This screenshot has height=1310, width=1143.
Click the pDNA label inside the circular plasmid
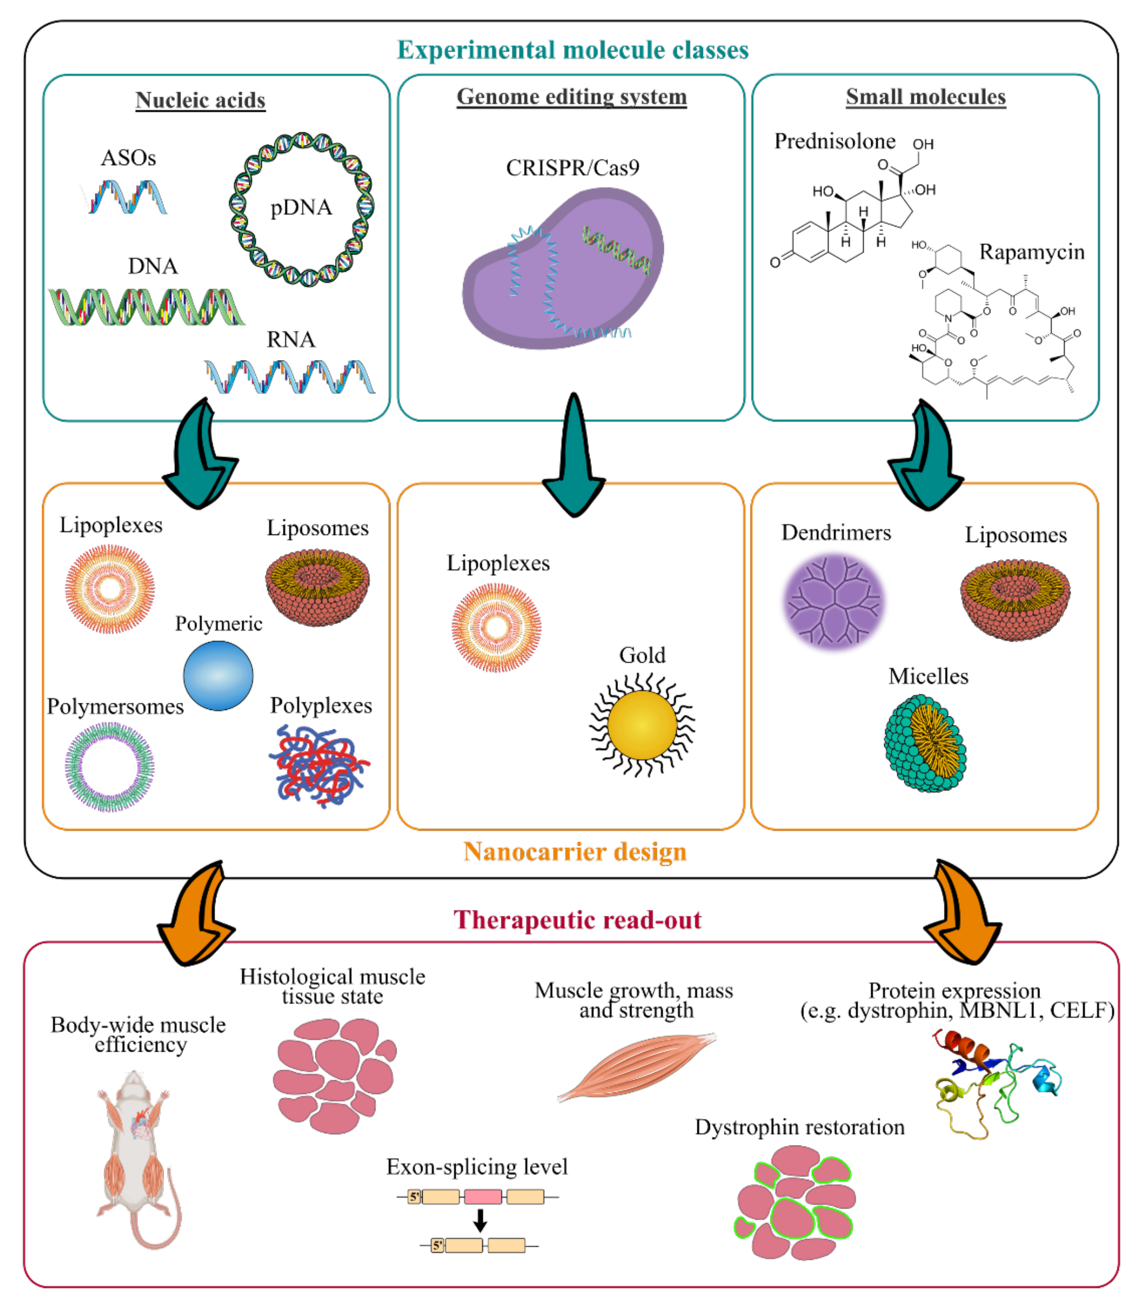[x=301, y=208]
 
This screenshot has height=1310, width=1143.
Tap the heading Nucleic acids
[x=200, y=100]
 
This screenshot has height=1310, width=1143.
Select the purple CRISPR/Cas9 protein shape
[x=561, y=274]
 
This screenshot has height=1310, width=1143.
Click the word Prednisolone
[x=834, y=141]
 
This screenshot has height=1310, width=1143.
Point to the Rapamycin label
[x=1031, y=252]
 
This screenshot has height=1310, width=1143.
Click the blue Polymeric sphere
[x=218, y=676]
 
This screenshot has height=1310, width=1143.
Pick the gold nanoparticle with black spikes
[x=642, y=726]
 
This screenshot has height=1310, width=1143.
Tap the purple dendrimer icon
[x=833, y=602]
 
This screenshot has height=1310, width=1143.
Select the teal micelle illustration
[x=925, y=743]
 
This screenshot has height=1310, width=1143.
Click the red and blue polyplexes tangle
[x=319, y=765]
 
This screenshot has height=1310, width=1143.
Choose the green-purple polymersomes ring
[x=110, y=767]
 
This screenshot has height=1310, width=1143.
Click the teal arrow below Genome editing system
[x=574, y=459]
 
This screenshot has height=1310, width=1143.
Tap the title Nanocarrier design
[x=575, y=852]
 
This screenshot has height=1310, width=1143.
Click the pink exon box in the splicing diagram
[x=482, y=1196]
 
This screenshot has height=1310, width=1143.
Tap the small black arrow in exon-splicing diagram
[x=480, y=1220]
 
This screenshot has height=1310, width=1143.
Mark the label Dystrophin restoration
[x=799, y=1127]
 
